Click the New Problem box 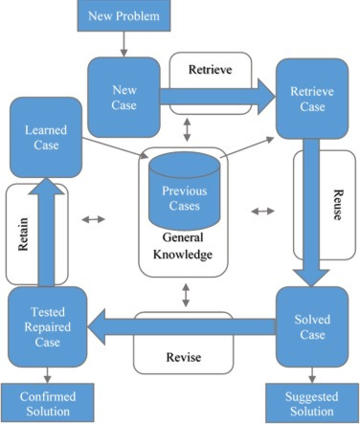(124, 15)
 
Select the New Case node (124, 98)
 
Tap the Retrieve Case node (312, 99)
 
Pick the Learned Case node (46, 138)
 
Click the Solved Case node (312, 326)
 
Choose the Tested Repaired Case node (48, 326)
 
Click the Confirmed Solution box (48, 403)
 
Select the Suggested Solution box (312, 403)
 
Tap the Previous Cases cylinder (185, 190)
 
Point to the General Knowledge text (183, 246)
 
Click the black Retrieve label (210, 69)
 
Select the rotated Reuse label (338, 205)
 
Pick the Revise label (184, 357)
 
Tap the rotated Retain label (23, 234)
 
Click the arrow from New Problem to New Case (124, 44)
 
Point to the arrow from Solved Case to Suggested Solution (312, 375)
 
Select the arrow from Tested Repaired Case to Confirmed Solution (48, 375)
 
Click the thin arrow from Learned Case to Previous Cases (115, 147)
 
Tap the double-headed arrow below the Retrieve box (188, 129)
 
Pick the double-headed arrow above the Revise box (186, 296)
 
